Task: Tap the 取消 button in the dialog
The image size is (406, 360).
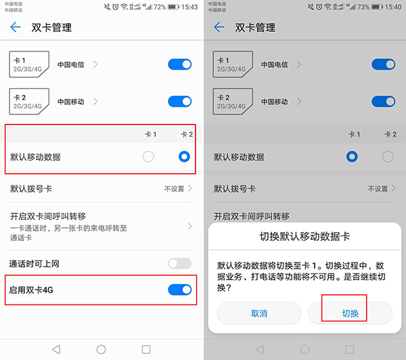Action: pyautogui.click(x=259, y=313)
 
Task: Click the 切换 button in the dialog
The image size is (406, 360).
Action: pyautogui.click(x=350, y=313)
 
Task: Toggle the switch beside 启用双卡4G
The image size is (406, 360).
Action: pyautogui.click(x=180, y=290)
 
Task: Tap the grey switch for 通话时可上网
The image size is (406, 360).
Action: pyautogui.click(x=180, y=263)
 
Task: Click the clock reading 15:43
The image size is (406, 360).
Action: pyautogui.click(x=190, y=7)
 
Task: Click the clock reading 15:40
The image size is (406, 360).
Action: pyautogui.click(x=393, y=7)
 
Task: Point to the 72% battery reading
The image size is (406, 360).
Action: pyautogui.click(x=160, y=7)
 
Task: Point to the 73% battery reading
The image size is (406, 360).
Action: pyautogui.click(x=363, y=7)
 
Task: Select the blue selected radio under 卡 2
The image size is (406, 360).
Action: pyautogui.click(x=184, y=157)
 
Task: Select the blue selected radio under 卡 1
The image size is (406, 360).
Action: pyautogui.click(x=352, y=157)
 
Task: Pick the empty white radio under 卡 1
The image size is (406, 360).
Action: pyautogui.click(x=149, y=157)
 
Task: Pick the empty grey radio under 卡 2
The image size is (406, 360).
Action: pyautogui.click(x=388, y=157)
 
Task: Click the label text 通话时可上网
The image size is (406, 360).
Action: pyautogui.click(x=35, y=263)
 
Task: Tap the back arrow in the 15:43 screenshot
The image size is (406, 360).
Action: pyautogui.click(x=16, y=28)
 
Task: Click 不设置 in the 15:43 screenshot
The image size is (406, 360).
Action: pyautogui.click(x=173, y=188)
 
